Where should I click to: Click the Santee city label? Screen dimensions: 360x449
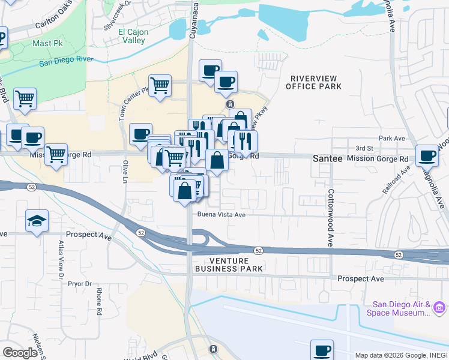[327, 159]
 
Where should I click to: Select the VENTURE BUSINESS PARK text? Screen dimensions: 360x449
[228, 265]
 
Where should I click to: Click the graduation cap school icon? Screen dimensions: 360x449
[37, 221]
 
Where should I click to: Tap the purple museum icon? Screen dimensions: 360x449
[439, 308]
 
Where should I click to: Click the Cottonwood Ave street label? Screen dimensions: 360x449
[330, 219]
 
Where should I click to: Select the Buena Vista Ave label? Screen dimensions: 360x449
[222, 214]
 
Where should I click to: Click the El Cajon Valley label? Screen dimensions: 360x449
[131, 37]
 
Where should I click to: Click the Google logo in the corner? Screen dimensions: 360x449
[20, 353]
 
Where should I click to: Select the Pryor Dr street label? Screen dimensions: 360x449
[79, 283]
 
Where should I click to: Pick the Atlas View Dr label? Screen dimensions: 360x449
[61, 260]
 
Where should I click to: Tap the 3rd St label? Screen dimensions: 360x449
[364, 148]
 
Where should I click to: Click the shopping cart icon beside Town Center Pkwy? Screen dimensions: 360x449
[160, 85]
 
